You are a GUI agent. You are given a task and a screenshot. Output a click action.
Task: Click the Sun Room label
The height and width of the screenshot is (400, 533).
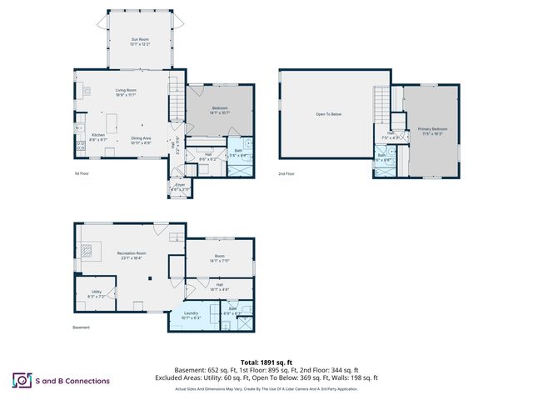point(139,40)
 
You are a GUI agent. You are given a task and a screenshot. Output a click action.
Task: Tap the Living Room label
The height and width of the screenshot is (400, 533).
point(126,91)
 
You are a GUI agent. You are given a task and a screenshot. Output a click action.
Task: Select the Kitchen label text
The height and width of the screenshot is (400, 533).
point(98,135)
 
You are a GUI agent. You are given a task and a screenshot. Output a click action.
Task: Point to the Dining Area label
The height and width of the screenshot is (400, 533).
point(141,139)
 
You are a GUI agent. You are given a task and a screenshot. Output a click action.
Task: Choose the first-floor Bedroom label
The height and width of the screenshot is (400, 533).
point(220,108)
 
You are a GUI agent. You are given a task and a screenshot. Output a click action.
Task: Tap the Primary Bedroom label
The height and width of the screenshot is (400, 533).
point(432,130)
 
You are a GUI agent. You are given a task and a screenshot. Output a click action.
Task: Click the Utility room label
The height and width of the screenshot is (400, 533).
point(97,292)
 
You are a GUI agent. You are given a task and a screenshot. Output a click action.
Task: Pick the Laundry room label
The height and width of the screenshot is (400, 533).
point(192,314)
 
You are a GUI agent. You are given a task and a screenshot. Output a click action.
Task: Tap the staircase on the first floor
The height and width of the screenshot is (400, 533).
point(177,104)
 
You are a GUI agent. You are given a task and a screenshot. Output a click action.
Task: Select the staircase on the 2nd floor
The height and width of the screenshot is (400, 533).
point(381,107)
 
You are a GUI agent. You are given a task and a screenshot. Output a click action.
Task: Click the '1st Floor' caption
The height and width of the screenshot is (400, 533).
point(82,173)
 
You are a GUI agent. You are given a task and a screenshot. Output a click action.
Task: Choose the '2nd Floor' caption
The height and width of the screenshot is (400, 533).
point(286,173)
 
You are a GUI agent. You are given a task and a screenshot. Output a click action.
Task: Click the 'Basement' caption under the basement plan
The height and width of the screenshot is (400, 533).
point(81,327)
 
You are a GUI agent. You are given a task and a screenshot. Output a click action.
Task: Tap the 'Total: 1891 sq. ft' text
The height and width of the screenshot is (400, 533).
point(266,362)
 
